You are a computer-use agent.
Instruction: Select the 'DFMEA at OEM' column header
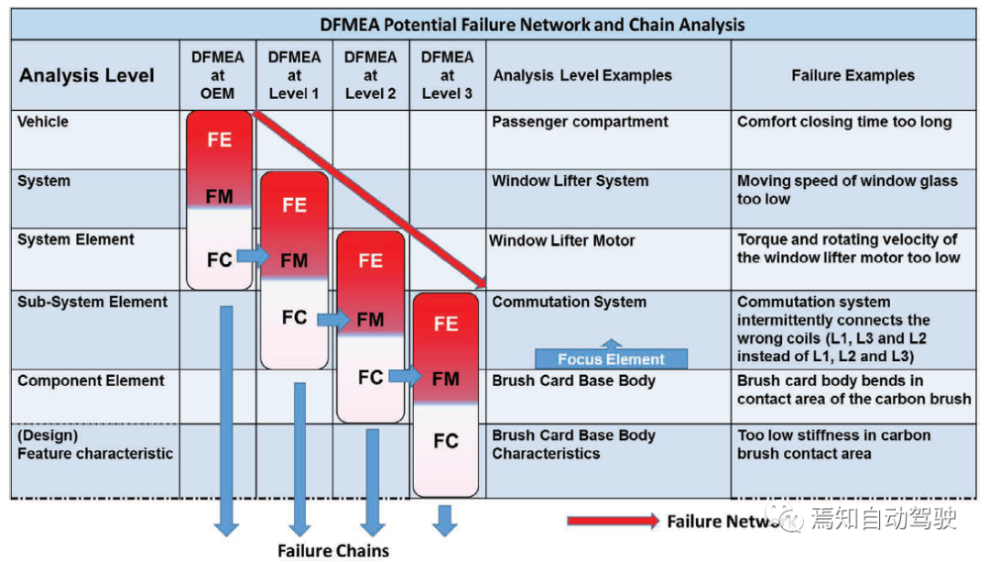click(218, 75)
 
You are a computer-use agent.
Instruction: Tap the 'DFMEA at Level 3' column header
click(447, 75)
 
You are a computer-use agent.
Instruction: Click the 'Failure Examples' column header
click(853, 75)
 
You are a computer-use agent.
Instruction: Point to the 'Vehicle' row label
click(43, 122)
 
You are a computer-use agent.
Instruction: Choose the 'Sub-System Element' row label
click(92, 303)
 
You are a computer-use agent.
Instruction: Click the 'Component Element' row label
click(91, 380)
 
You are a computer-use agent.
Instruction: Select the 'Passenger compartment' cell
click(580, 122)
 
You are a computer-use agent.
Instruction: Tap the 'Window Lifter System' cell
click(570, 181)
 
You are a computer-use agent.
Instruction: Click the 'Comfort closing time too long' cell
click(844, 122)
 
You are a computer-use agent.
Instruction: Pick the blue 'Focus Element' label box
click(611, 358)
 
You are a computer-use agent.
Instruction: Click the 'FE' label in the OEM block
click(219, 140)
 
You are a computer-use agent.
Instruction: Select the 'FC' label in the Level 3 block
click(446, 441)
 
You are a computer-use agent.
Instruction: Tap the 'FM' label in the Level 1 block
click(294, 260)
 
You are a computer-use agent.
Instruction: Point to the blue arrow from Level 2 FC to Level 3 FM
click(405, 376)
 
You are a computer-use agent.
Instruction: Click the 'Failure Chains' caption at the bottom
click(333, 550)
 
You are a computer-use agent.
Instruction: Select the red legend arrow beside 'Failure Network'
click(612, 522)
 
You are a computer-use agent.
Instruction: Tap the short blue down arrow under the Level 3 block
click(445, 518)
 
